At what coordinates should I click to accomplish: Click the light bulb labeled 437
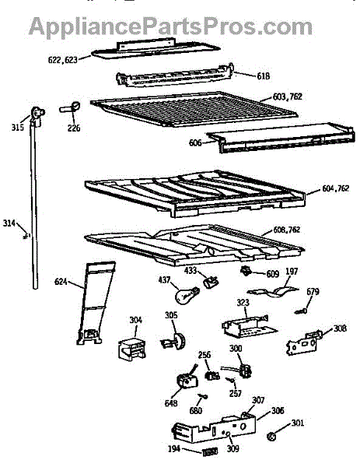186,295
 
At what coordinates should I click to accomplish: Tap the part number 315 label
18,128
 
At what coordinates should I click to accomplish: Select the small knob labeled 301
271,437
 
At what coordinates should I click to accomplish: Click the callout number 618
264,76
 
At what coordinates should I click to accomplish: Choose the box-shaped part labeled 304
132,348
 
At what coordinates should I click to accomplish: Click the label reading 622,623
63,60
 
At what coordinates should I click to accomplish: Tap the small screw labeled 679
301,311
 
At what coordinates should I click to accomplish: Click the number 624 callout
61,282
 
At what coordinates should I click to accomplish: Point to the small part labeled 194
210,451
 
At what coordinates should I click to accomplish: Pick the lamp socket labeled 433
211,282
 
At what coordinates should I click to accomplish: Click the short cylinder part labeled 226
71,107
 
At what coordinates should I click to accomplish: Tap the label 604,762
336,188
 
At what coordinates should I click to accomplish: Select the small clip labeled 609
246,271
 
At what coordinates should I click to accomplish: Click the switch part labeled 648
187,379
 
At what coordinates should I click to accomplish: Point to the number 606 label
195,142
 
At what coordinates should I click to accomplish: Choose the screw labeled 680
203,396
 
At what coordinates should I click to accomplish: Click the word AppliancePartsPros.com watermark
170,26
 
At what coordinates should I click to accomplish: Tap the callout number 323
243,303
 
